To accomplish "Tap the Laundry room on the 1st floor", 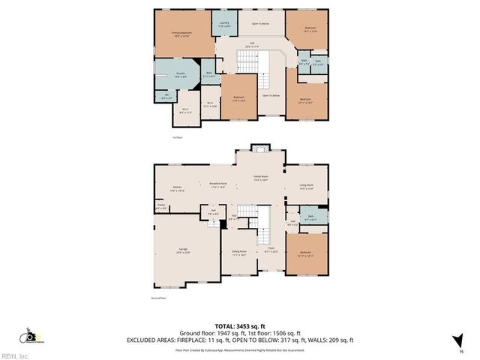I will [x=223, y=24].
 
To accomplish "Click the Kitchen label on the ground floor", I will [x=178, y=188].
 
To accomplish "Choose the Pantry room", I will [x=160, y=205].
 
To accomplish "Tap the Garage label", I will [x=183, y=250].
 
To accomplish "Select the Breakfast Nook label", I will [x=218, y=185].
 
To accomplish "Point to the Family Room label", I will [x=260, y=178].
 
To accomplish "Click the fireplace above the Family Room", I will [x=260, y=149].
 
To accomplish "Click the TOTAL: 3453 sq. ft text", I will [x=239, y=326].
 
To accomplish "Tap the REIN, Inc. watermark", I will [x=15, y=355].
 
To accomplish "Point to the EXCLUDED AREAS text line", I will [x=239, y=340].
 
